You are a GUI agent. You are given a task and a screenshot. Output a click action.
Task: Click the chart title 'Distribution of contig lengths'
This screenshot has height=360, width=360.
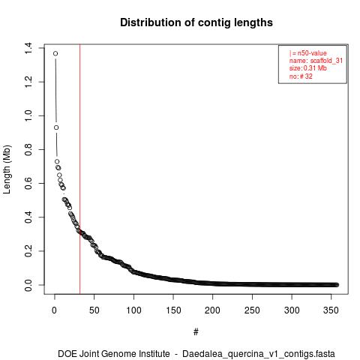click(196, 22)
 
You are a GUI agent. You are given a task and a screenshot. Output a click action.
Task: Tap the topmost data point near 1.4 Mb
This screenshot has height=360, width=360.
click(55, 53)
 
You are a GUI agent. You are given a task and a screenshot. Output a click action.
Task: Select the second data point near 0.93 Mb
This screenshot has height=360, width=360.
click(56, 127)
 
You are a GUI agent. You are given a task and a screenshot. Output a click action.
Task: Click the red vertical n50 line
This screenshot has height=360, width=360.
click(79, 169)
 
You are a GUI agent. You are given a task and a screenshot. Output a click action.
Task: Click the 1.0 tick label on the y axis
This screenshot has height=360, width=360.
click(28, 115)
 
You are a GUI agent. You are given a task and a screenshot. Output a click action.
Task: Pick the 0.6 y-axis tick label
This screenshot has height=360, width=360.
click(28, 183)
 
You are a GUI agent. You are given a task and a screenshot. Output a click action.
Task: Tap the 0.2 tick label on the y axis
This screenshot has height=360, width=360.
click(28, 251)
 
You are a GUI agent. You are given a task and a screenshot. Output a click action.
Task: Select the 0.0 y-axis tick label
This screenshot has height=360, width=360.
click(28, 285)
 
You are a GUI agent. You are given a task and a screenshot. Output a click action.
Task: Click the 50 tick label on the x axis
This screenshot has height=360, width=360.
click(94, 310)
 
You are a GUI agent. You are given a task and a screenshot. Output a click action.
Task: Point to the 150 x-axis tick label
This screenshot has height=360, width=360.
click(173, 310)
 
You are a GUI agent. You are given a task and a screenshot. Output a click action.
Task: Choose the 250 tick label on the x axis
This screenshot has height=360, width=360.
click(252, 310)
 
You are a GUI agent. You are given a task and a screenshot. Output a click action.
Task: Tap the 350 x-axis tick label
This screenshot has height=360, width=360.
click(331, 310)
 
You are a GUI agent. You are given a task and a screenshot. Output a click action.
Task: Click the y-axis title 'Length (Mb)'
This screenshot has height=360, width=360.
click(7, 169)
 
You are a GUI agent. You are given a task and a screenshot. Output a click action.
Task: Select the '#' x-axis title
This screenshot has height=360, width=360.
click(196, 332)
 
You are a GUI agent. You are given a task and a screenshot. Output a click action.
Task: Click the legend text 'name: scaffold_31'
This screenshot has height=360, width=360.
click(316, 61)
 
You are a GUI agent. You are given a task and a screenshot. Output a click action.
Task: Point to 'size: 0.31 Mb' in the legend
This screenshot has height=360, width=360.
click(308, 68)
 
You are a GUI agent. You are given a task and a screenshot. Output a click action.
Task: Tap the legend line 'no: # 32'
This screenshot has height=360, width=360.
click(301, 76)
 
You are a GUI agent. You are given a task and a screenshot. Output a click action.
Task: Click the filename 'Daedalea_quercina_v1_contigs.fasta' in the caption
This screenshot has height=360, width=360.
click(259, 354)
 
